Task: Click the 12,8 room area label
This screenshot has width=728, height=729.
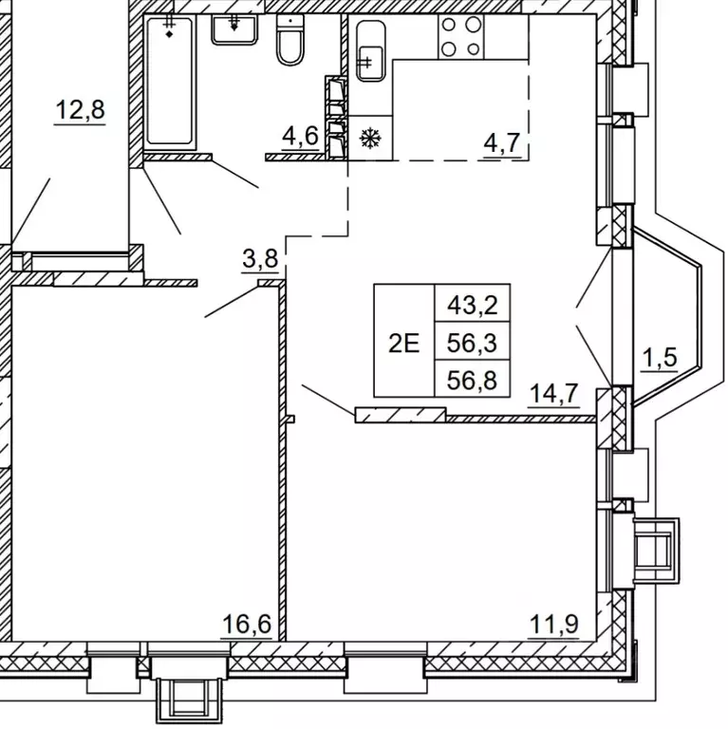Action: click(80, 111)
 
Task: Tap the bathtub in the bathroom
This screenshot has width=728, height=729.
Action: click(169, 81)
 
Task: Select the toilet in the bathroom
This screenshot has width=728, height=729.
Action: click(290, 40)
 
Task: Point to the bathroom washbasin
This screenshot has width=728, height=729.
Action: click(234, 29)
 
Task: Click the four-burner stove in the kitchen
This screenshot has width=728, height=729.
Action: click(460, 36)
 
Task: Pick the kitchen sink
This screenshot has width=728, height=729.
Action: click(370, 51)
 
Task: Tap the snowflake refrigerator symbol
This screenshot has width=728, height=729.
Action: click(370, 138)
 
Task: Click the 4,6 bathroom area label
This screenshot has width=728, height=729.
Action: click(300, 137)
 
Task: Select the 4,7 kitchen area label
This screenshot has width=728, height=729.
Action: click(502, 143)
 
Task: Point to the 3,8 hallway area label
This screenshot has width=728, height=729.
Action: click(260, 258)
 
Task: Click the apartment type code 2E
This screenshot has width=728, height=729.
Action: click(403, 345)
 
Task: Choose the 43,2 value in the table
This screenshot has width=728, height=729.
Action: click(473, 306)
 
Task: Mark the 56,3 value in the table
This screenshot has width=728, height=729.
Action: click(473, 343)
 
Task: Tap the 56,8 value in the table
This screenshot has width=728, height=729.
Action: click(473, 381)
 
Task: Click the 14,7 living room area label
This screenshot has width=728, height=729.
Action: click(554, 394)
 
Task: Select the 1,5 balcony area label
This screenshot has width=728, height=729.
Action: click(660, 358)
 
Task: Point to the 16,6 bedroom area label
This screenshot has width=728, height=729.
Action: click(247, 624)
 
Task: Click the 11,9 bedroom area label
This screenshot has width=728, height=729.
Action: click(554, 624)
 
